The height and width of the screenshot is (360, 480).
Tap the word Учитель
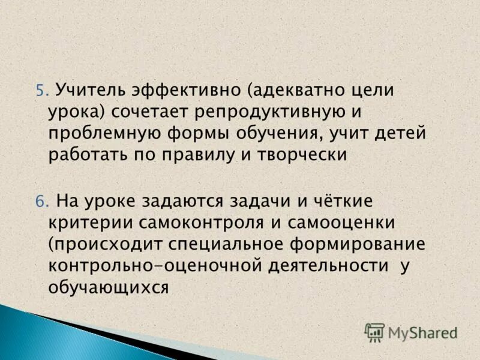coord(87,91)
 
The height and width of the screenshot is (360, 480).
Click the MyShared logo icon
coord(374,332)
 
